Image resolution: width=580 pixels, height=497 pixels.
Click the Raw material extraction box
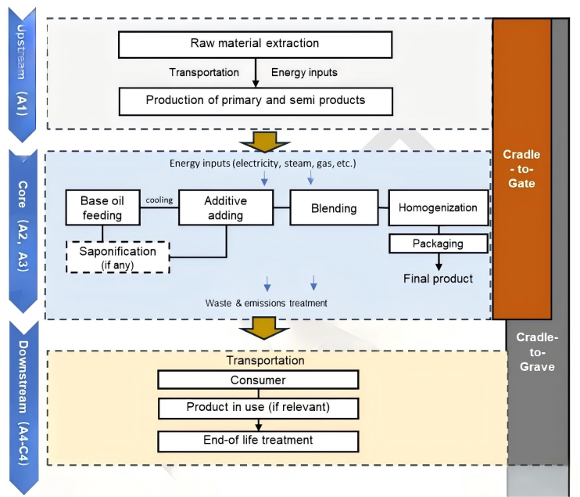coord(255,45)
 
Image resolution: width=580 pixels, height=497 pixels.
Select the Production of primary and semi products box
coord(255,101)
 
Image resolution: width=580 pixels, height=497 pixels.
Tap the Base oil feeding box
coord(101,208)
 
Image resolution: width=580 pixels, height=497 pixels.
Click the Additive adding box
coord(225,208)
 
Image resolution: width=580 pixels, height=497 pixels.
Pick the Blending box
coord(335,208)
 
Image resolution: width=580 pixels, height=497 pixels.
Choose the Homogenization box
coord(438,208)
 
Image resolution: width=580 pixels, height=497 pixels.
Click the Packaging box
coord(438,243)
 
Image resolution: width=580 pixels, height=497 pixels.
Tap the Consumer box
coord(258,380)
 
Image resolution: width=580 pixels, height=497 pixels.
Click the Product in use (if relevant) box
coord(258,408)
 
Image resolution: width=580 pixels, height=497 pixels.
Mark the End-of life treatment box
coord(258,440)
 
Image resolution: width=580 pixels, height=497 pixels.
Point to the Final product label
coord(438,279)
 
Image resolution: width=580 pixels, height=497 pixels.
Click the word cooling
coord(159,200)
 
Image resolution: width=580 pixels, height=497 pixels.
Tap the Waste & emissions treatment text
coord(266,302)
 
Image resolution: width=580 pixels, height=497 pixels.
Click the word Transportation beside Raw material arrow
coord(204,73)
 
